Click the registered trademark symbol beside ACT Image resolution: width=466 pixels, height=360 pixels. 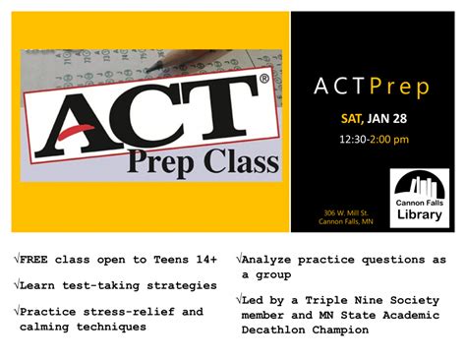tap(263, 81)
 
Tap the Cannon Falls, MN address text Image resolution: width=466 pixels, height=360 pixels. tap(346, 221)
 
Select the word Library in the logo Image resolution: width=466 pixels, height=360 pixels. tap(420, 216)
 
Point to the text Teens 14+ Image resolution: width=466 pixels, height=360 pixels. tap(178, 261)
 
